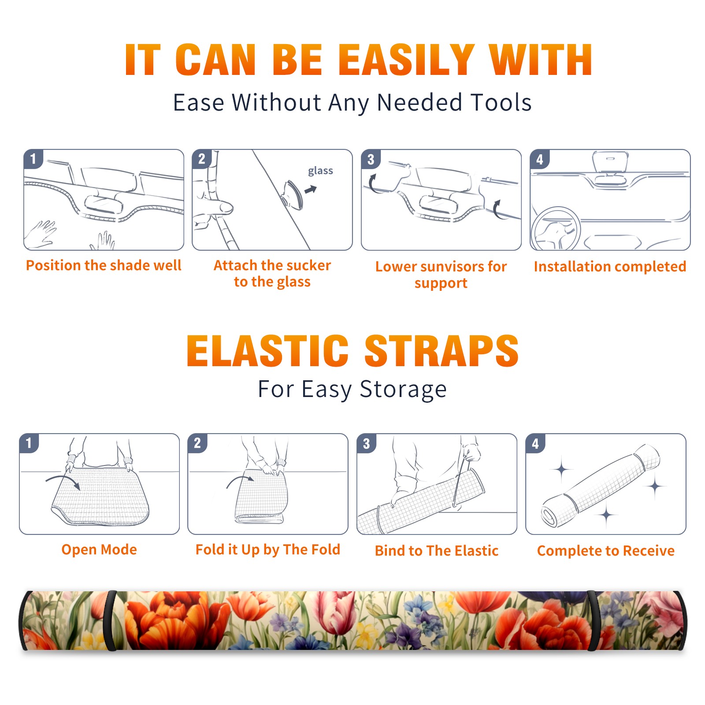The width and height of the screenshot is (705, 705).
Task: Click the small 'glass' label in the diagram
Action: (320, 171)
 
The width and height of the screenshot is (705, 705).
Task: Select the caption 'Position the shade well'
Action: (104, 265)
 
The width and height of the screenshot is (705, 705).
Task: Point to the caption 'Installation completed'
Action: (610, 267)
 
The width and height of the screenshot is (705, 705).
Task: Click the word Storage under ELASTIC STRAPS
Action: (403, 390)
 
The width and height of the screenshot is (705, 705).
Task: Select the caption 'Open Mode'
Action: (99, 549)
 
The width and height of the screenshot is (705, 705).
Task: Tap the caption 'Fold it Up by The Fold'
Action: (268, 549)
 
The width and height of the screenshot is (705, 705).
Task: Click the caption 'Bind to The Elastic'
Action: (437, 551)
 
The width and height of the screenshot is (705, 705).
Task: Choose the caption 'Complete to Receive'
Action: (606, 551)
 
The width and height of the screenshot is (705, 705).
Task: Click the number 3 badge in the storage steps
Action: (367, 444)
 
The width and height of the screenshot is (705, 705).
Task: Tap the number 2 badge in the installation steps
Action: (202, 159)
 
